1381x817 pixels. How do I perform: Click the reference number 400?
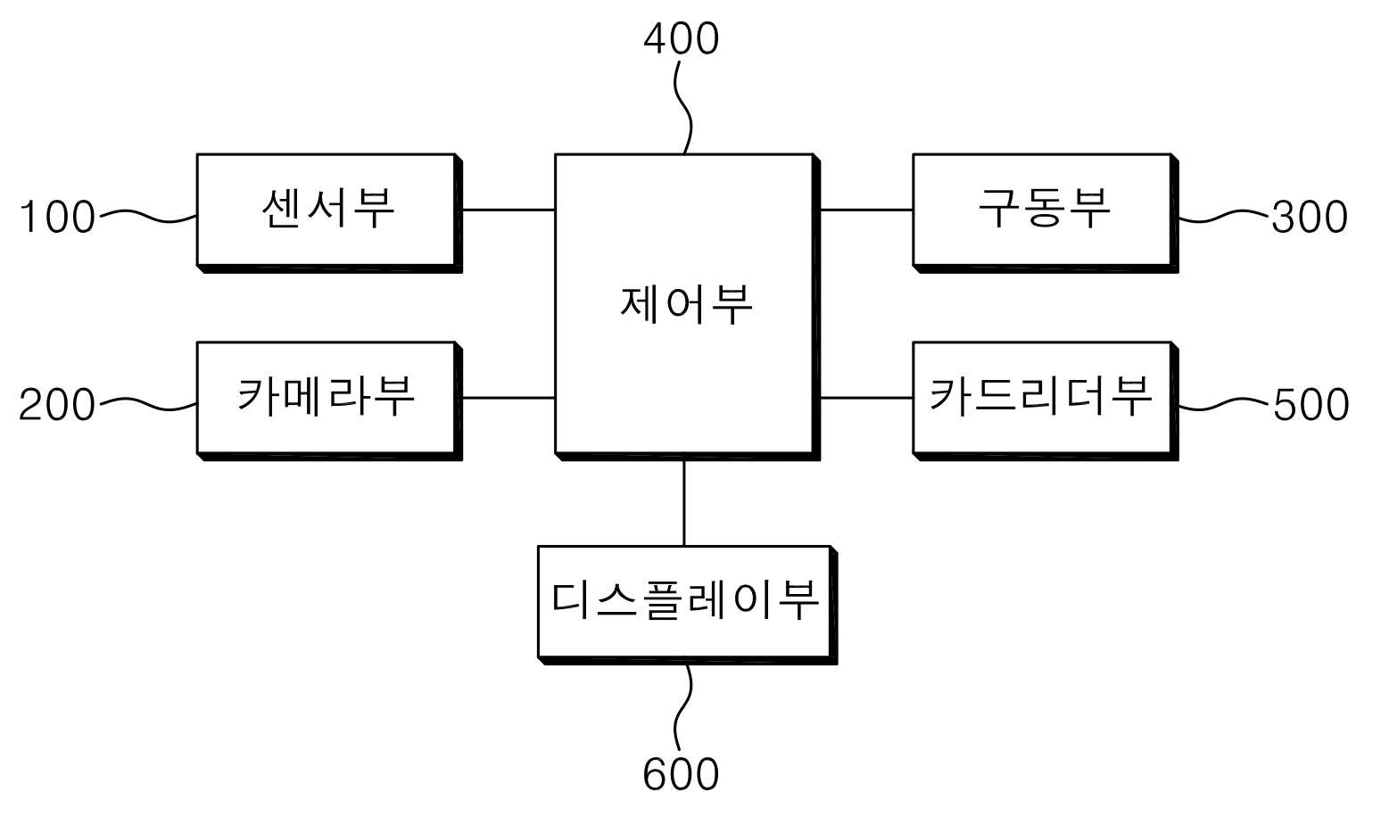coord(682,39)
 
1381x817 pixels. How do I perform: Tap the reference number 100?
coord(58,217)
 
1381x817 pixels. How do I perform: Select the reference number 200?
coord(57,405)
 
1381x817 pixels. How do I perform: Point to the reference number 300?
coord(1310,217)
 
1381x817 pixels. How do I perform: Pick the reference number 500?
coord(1311,405)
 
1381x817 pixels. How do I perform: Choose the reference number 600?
coord(681,775)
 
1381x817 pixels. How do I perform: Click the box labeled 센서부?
coord(329,213)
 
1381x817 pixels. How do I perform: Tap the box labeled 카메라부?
coord(329,400)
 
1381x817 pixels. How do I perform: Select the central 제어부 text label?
coord(686,305)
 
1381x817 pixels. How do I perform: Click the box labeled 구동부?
coord(1046,213)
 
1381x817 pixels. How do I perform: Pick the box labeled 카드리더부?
coord(1046,400)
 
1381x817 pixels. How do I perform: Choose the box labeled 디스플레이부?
coord(688,605)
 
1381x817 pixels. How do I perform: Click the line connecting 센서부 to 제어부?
coord(509,210)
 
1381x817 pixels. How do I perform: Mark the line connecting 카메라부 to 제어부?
coord(509,399)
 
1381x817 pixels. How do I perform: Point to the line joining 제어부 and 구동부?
coord(866,210)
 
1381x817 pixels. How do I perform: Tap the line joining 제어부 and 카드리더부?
coord(866,399)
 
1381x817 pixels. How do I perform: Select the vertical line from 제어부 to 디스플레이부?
coord(684,503)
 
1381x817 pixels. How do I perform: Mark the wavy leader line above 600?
coord(683,709)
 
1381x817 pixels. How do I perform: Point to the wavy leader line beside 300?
coord(1224,217)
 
